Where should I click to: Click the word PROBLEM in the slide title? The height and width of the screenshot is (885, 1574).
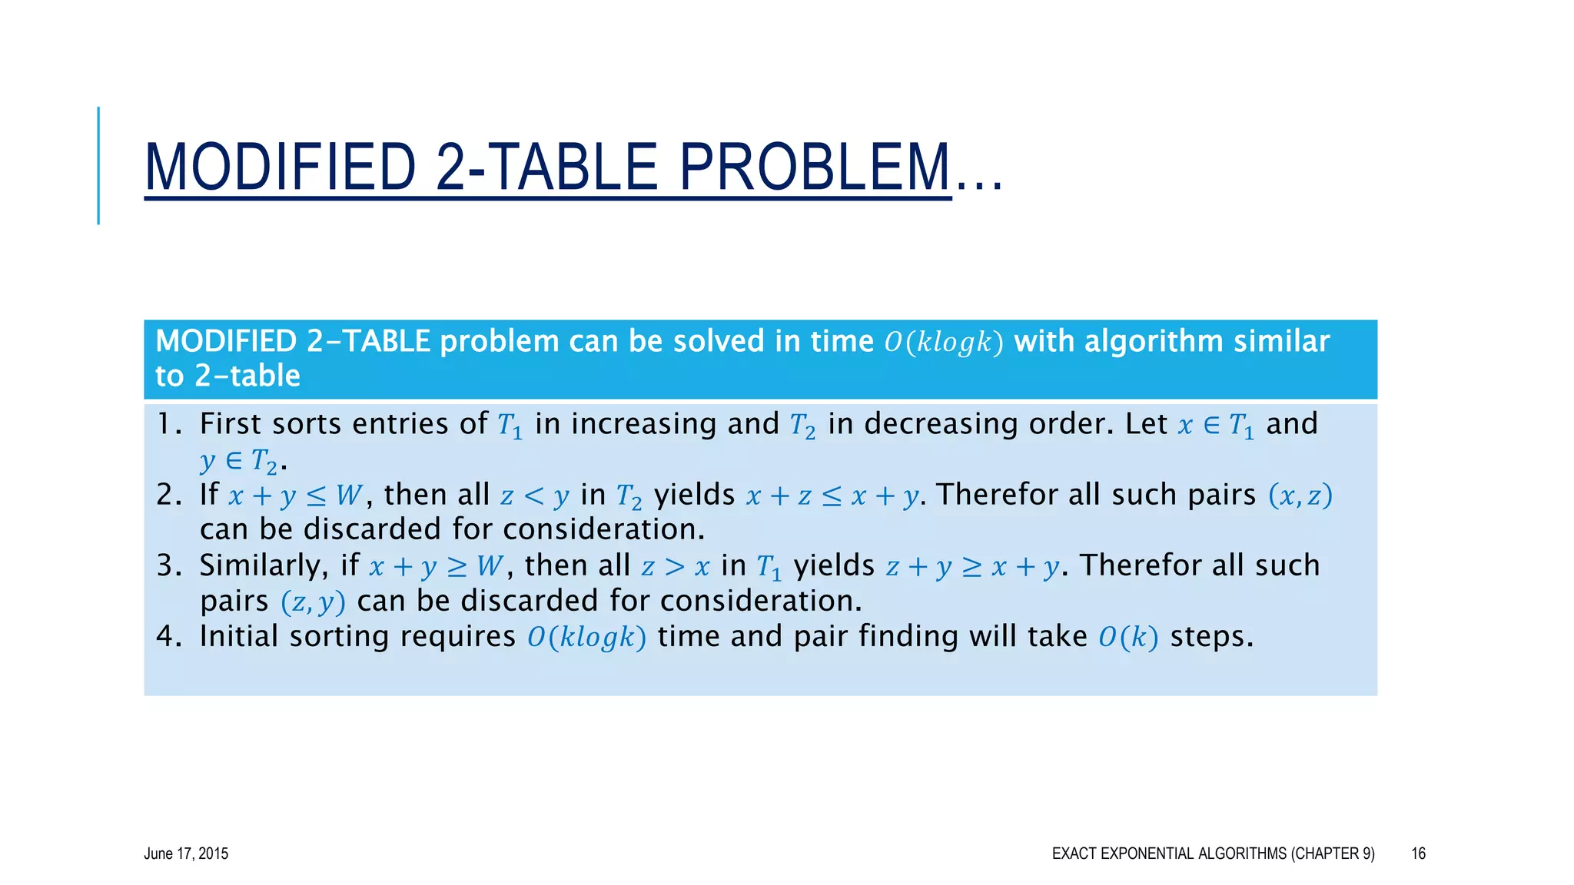click(x=815, y=167)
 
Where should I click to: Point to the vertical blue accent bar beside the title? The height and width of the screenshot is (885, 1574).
click(x=98, y=165)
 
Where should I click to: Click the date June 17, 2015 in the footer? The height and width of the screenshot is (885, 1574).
click(x=186, y=854)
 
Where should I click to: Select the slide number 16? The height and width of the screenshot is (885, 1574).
click(x=1418, y=854)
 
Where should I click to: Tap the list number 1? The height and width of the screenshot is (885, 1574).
click(x=165, y=424)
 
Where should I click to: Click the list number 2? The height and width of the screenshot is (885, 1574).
click(x=167, y=495)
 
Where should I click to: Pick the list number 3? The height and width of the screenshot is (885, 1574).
click(x=167, y=565)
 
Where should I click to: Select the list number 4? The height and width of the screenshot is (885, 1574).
click(x=167, y=636)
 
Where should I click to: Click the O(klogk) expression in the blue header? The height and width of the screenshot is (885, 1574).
click(x=944, y=342)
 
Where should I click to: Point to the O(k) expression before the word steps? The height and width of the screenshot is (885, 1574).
click(x=1127, y=637)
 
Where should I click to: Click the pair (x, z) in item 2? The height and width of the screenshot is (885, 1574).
click(x=1300, y=496)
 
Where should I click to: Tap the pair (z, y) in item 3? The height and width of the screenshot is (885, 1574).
click(x=313, y=602)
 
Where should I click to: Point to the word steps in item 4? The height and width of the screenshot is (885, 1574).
click(x=1210, y=637)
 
